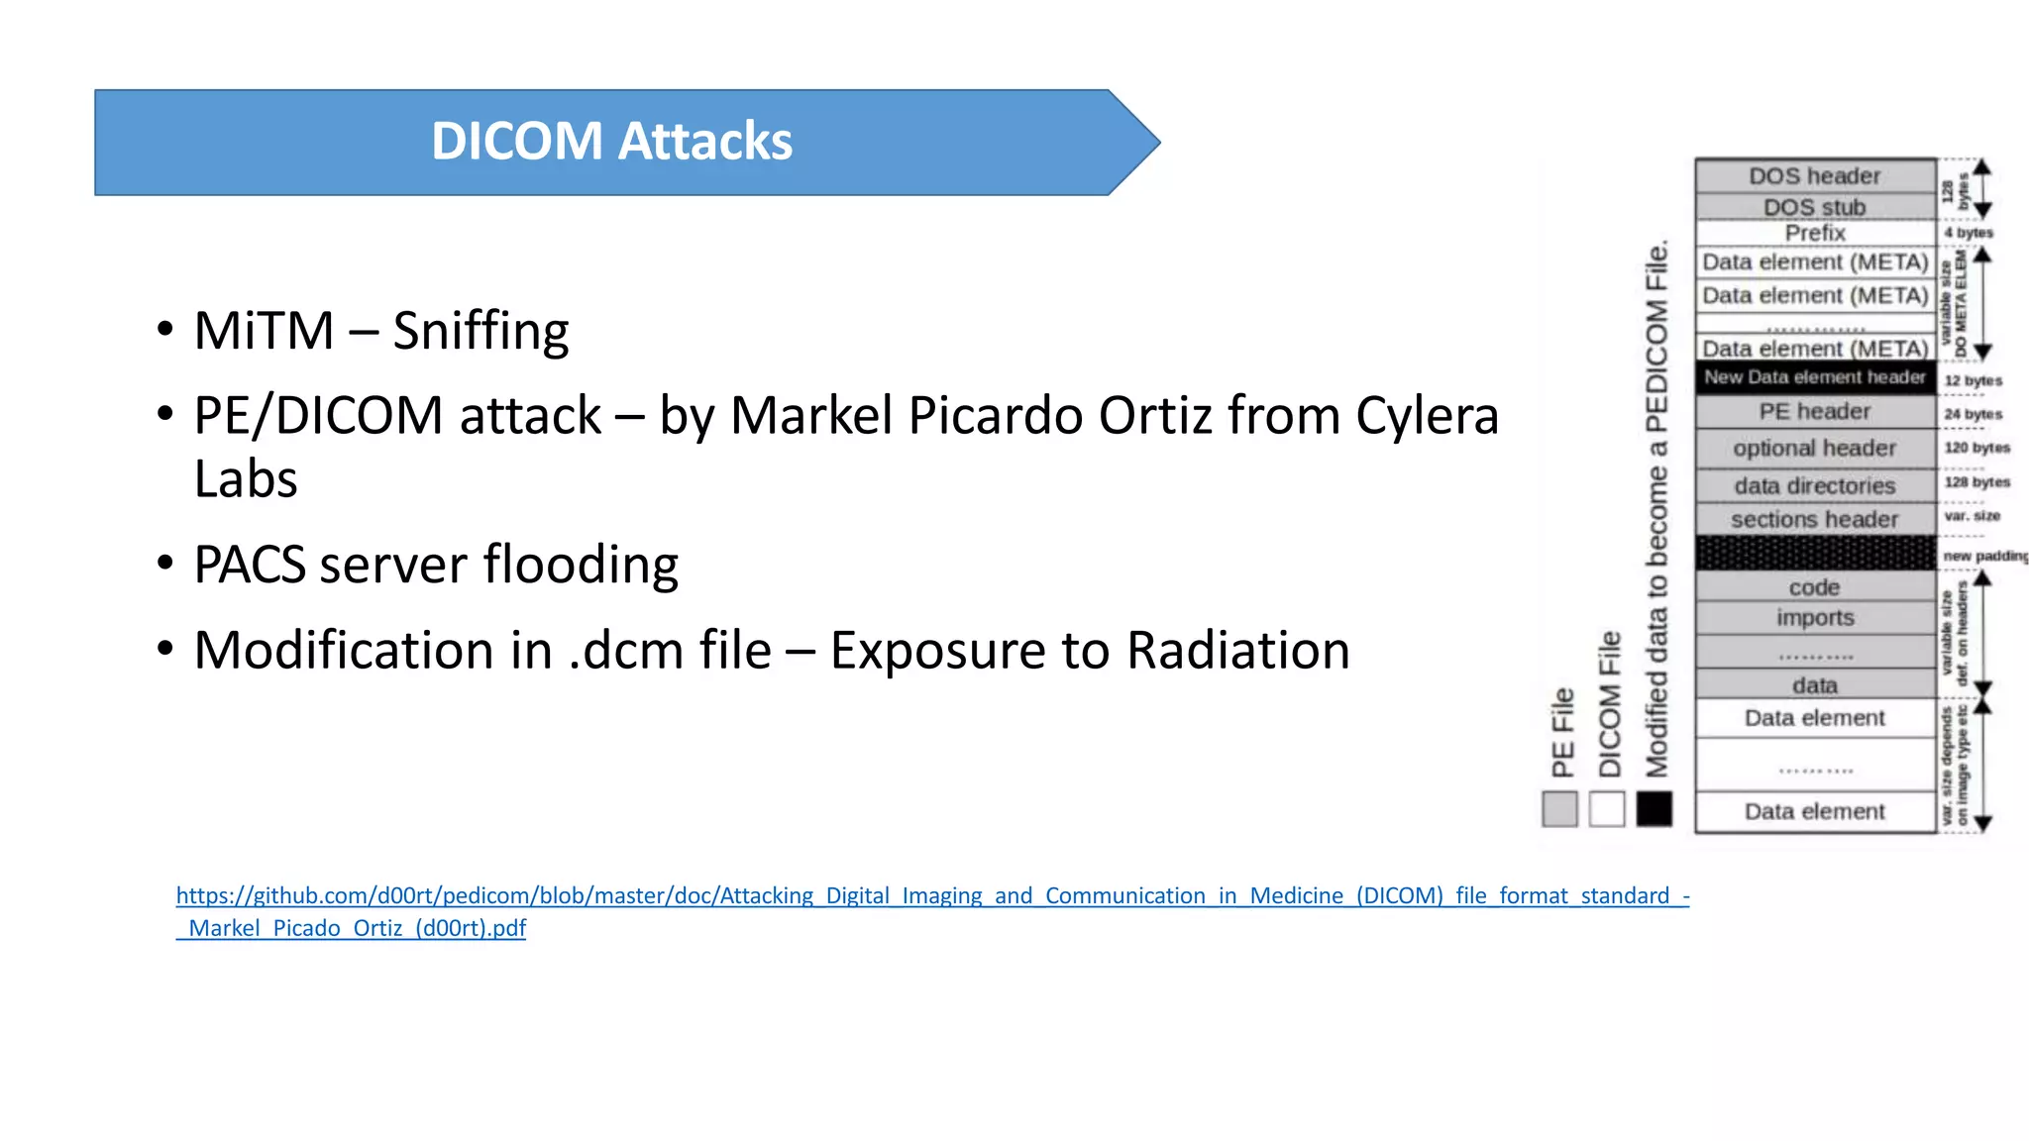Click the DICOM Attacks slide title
point(611,142)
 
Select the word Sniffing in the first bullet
point(481,331)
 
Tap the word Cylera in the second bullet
point(1427,415)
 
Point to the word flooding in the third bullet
point(581,566)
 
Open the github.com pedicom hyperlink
point(931,896)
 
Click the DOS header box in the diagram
point(1814,176)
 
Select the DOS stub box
point(1814,207)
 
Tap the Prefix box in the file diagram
point(1814,233)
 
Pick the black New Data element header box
point(1814,377)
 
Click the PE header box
point(1814,411)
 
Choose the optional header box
point(1814,449)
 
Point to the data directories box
point(1814,485)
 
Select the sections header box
point(1814,519)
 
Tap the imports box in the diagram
point(1814,618)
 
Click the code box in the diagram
point(1814,587)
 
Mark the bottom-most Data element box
point(1814,812)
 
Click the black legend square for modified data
point(1654,809)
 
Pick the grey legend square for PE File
point(1559,809)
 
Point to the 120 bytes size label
point(1976,448)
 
